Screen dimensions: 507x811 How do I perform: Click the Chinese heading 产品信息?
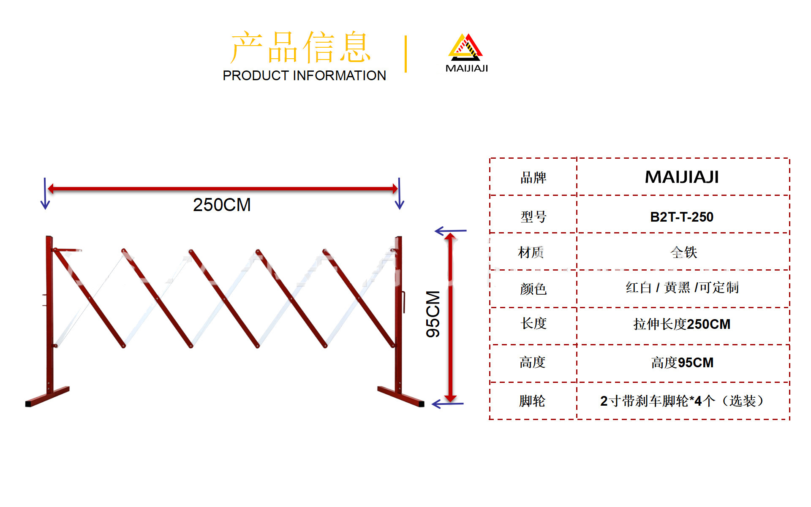pos(301,47)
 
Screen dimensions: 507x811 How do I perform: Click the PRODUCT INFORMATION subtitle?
pos(304,76)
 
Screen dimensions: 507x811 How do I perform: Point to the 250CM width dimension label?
pos(222,205)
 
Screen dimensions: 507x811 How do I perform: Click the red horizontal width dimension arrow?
pos(223,189)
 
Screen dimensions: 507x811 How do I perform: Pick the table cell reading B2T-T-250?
pos(681,217)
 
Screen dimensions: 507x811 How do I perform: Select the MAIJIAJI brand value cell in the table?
pos(681,177)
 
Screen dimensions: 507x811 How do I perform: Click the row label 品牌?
pos(533,178)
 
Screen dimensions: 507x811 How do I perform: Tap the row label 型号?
pos(533,217)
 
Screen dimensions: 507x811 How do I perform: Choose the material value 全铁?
pos(683,252)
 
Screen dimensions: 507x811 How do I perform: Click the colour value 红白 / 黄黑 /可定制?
pos(682,288)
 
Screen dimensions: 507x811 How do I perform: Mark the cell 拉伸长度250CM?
pos(682,324)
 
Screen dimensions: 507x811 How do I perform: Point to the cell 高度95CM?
pos(682,363)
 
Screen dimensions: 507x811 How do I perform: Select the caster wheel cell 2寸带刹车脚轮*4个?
pos(682,401)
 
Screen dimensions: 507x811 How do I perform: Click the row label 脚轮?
pos(532,401)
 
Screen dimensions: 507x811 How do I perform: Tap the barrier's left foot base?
pos(47,397)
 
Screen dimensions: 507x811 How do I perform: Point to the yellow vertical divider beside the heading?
pos(405,54)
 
